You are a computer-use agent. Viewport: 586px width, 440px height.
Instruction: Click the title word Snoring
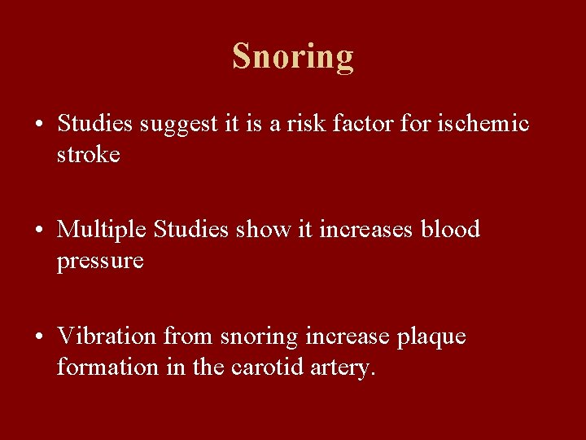click(x=293, y=56)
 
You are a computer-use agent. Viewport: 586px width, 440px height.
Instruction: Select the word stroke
click(x=88, y=155)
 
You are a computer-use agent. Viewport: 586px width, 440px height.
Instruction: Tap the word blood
click(x=450, y=230)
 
